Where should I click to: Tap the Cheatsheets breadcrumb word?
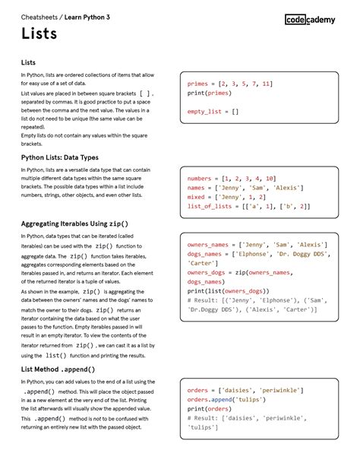39,15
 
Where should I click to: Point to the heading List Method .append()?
58,369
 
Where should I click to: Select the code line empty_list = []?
213,111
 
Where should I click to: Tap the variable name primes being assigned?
197,84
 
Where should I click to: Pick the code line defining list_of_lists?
248,206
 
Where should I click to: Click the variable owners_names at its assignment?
208,245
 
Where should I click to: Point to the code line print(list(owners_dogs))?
227,290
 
